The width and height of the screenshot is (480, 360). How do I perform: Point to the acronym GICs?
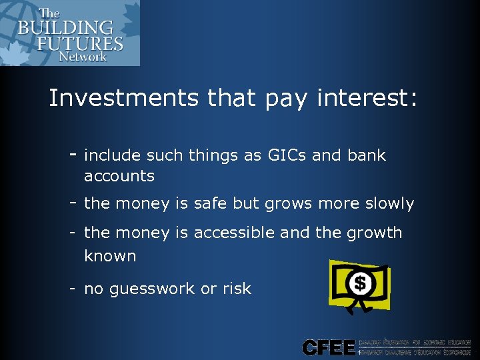(x=286, y=155)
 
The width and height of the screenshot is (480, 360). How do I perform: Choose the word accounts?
(x=119, y=176)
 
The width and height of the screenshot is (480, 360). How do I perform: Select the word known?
(x=110, y=256)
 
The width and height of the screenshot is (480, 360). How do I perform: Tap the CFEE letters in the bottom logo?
(x=328, y=347)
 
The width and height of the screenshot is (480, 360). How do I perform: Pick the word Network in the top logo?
(x=82, y=57)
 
